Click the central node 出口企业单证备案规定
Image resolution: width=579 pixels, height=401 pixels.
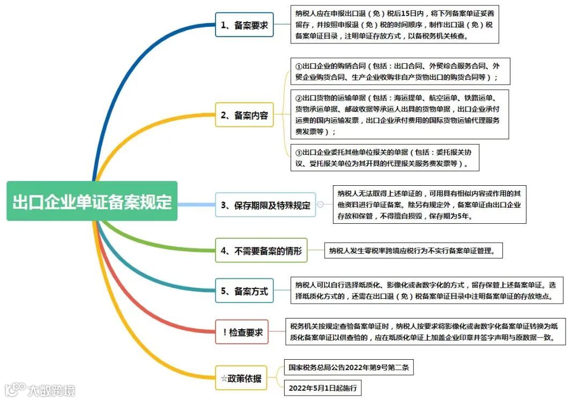click(x=92, y=201)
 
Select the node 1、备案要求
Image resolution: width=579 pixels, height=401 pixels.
click(x=244, y=25)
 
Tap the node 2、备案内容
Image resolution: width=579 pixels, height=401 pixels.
click(x=244, y=115)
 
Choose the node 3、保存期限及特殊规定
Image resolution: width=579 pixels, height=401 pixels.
click(x=265, y=205)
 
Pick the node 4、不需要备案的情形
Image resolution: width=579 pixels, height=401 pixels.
click(x=261, y=250)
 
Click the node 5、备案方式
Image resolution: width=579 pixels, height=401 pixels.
click(x=244, y=291)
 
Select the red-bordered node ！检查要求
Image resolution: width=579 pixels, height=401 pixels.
click(x=242, y=332)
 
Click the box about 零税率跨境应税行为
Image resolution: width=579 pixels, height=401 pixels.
click(x=413, y=250)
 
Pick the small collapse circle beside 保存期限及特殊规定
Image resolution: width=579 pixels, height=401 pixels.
click(x=321, y=204)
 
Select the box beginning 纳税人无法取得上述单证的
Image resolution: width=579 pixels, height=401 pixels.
click(x=429, y=205)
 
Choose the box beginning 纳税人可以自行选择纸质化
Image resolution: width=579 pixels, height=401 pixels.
click(x=426, y=290)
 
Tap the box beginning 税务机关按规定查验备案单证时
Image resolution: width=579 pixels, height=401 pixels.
click(x=425, y=332)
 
